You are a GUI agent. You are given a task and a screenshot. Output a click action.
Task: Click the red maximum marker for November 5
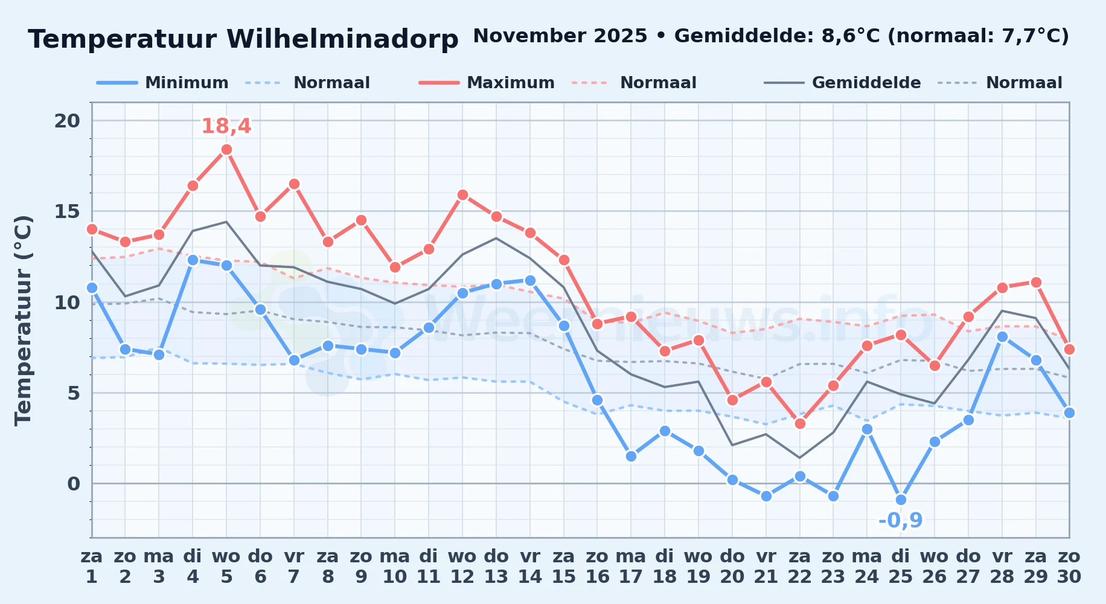coord(226,150)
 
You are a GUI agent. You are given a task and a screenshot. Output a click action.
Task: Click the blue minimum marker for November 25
coord(901,500)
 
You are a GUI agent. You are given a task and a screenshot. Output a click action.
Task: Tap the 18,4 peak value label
coord(226,126)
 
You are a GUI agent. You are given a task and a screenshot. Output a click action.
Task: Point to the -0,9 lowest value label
coord(901,520)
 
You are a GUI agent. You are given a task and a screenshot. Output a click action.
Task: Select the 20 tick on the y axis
coord(67,121)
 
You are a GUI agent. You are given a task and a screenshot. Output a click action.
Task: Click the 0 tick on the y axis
coord(74,483)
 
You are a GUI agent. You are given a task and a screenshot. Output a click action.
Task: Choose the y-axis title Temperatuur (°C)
coord(23,320)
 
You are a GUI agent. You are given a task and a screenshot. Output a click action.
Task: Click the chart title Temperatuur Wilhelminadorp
coord(243,39)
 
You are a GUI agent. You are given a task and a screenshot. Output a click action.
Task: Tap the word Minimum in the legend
coord(187,83)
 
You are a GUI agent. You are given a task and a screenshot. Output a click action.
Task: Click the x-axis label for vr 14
coord(530,567)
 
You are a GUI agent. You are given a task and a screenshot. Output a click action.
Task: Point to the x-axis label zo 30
coord(1069,567)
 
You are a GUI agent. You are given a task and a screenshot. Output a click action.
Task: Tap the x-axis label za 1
coord(92,567)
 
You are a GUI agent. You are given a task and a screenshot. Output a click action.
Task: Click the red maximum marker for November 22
coord(800,423)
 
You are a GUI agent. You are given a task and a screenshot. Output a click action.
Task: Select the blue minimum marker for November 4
coord(193,260)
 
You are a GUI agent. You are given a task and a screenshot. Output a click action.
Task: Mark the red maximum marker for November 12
coord(462,194)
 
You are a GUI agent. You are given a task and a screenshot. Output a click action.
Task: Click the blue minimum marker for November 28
coord(1002,336)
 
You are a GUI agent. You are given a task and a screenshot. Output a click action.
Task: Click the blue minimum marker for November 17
coord(631,456)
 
